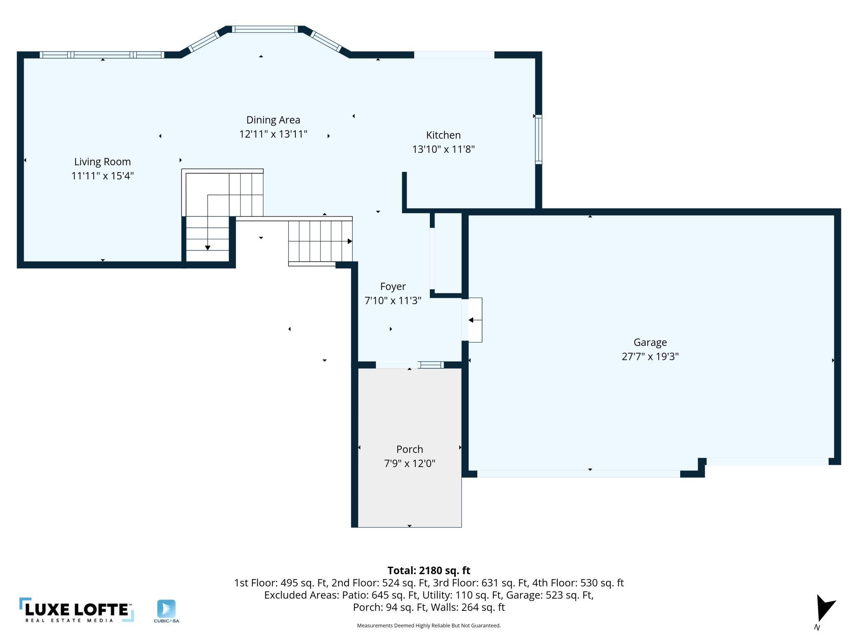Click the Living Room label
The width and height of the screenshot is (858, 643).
tap(102, 162)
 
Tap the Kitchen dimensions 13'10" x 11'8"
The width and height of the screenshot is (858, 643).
tap(443, 149)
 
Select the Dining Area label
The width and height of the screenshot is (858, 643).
tap(273, 120)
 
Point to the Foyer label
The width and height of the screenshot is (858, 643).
tap(393, 286)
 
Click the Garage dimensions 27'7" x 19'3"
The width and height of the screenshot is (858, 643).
tap(650, 357)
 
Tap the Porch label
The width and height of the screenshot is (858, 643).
tap(410, 449)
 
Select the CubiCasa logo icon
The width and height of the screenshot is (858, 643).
tap(166, 609)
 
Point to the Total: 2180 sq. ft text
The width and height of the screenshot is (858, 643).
tap(429, 570)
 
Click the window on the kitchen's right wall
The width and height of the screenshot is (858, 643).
tap(538, 139)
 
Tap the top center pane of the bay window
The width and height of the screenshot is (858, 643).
tap(264, 29)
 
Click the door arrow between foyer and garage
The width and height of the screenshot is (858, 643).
tap(474, 320)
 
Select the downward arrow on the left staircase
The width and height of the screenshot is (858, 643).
tap(207, 247)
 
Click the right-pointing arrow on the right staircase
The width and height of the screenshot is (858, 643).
tap(349, 241)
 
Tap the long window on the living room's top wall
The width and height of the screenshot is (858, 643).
tap(102, 55)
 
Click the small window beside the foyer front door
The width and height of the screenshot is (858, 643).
tap(431, 365)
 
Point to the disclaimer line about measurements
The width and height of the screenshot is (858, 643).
tap(429, 626)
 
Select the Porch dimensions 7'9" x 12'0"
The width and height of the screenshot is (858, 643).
tap(410, 464)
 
